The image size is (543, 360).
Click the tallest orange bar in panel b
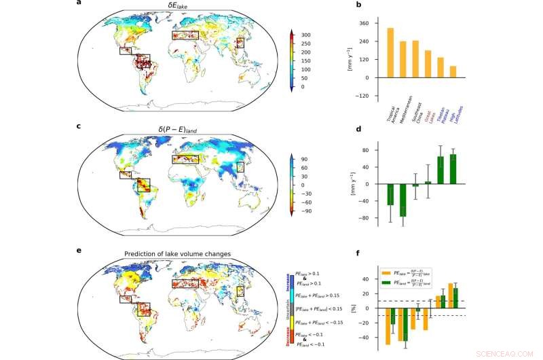coord(390,52)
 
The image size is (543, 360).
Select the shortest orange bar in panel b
coord(453,71)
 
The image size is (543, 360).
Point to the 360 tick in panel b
coord(363,23)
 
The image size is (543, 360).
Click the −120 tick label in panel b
coord(362,96)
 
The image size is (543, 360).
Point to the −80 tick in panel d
coord(364,218)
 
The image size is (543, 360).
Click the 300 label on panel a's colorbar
coord(306,35)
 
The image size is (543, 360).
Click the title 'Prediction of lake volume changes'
coord(177,254)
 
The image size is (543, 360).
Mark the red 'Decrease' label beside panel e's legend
coord(288,335)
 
